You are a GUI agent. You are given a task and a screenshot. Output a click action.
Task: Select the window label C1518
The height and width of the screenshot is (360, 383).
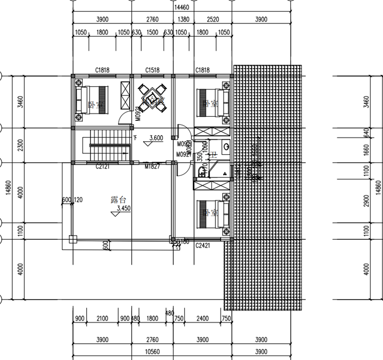pyautogui.click(x=152, y=70)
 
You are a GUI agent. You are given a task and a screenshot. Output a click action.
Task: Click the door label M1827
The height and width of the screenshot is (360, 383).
pyautogui.click(x=152, y=167)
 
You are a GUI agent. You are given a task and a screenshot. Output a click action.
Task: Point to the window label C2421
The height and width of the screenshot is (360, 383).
pyautogui.click(x=203, y=245)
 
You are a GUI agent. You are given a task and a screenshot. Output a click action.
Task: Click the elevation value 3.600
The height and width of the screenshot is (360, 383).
pyautogui.click(x=156, y=138)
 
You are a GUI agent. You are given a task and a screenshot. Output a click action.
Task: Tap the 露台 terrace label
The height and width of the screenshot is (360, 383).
pyautogui.click(x=111, y=200)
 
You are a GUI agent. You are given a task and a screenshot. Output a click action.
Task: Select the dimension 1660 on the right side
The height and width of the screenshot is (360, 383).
pyautogui.click(x=367, y=151)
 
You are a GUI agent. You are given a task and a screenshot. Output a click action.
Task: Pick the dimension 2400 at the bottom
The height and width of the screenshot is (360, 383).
pyautogui.click(x=203, y=318)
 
